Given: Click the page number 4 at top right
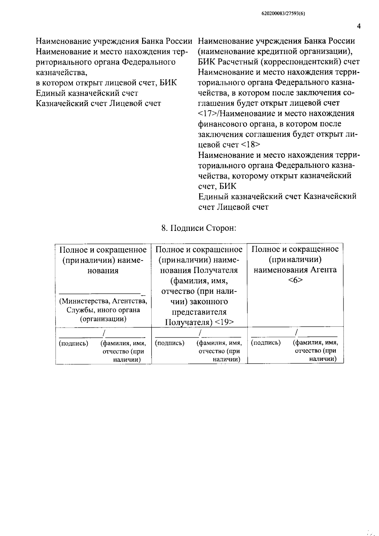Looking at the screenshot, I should click(358, 26).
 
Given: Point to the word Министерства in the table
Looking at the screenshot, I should click(85, 301).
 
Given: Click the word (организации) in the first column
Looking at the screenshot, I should click(103, 319).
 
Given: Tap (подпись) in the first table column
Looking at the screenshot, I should click(74, 343).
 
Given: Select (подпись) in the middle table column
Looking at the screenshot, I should click(170, 343).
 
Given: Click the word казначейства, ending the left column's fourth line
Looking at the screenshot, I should click(62, 72).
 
